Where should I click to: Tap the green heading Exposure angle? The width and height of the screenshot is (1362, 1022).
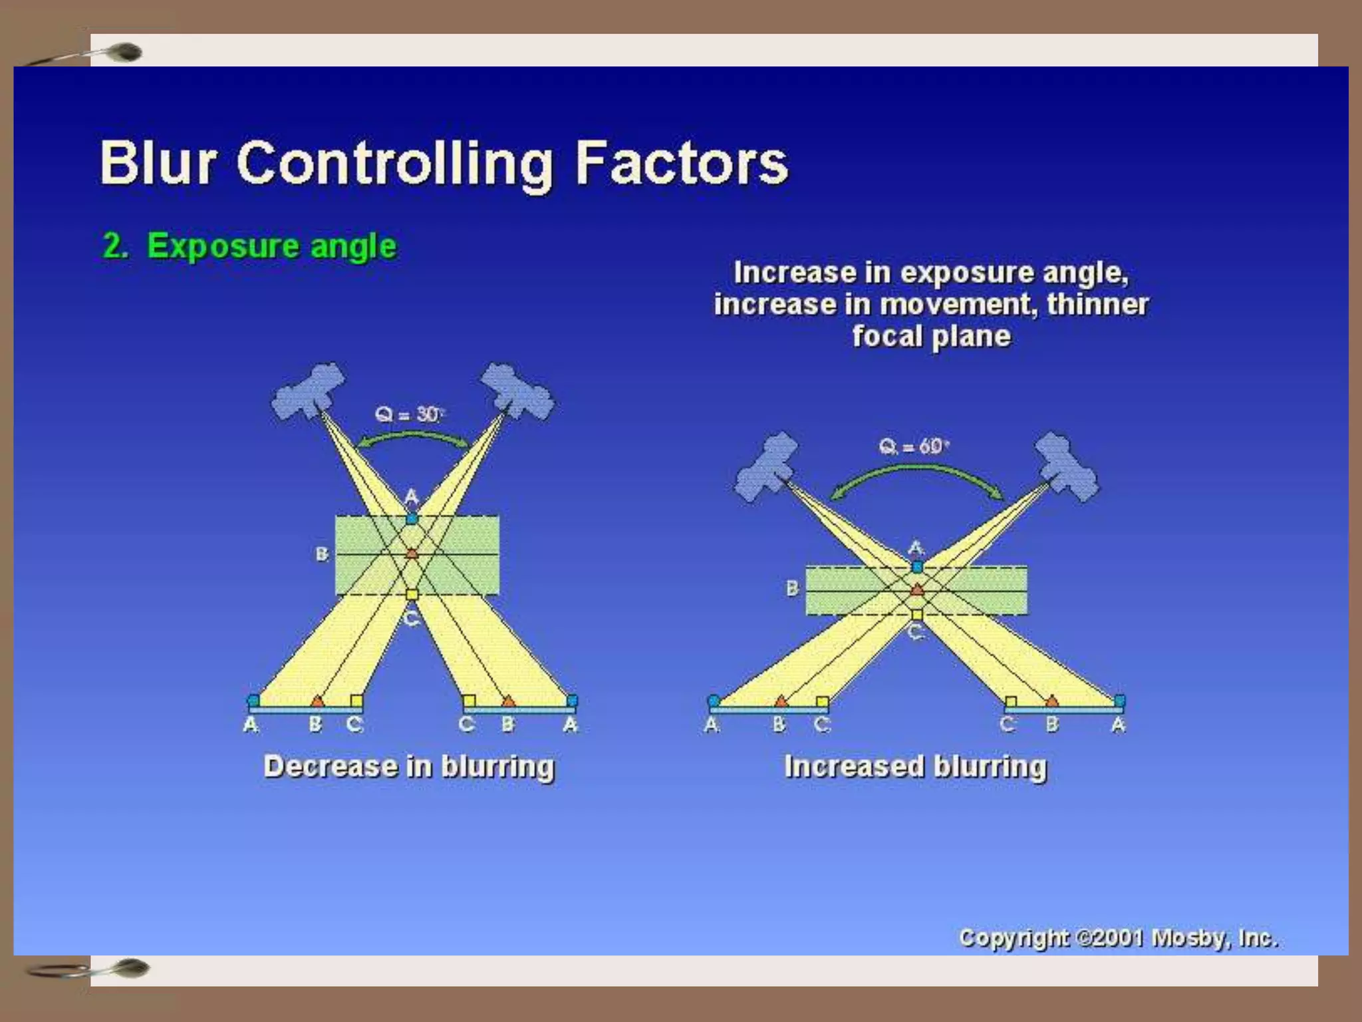tap(271, 246)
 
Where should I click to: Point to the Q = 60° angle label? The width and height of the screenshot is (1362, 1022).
tap(914, 446)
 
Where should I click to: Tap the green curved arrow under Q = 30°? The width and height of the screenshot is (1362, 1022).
tap(412, 436)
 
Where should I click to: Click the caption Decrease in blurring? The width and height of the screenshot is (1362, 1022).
tap(408, 766)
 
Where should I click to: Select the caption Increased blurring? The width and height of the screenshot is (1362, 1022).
tap(915, 766)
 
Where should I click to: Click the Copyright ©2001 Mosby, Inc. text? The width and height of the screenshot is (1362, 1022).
tap(1117, 937)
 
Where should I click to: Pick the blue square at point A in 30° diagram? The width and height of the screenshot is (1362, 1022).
tap(412, 518)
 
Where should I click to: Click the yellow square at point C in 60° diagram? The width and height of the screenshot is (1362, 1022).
tap(917, 614)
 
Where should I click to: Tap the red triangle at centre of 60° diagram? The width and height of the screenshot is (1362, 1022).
tap(917, 590)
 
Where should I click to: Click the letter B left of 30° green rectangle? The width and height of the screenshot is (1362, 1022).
tap(322, 554)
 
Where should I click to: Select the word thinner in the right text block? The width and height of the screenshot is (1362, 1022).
tap(1097, 304)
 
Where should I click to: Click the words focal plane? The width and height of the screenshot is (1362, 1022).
tap(931, 336)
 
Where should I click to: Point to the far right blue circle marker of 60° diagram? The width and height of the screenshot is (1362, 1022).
tap(1119, 701)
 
